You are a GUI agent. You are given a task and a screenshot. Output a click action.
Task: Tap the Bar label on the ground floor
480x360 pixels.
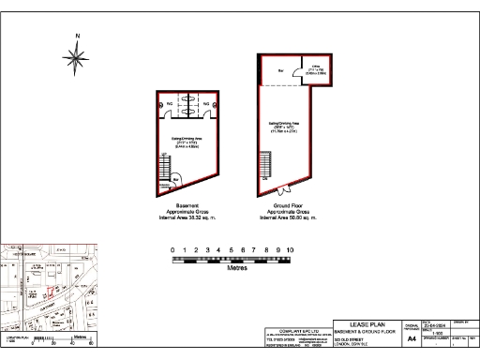pos(280,71)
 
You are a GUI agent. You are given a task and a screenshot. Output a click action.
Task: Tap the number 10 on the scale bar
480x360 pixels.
pos(291,250)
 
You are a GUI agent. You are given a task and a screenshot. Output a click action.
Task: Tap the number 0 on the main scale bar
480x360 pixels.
pos(172,250)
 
